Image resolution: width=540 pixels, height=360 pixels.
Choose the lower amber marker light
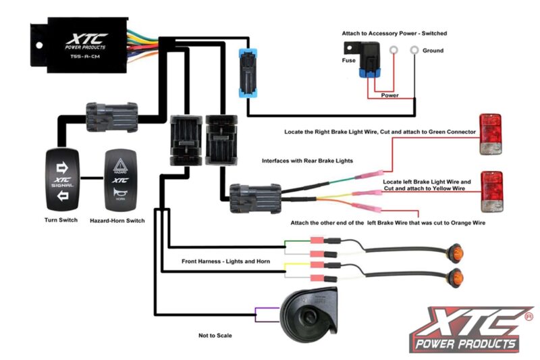[457, 276]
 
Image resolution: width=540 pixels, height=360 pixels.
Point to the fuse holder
[365, 61]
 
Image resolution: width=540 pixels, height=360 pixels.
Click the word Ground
[433, 51]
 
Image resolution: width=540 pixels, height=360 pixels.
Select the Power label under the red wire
[389, 95]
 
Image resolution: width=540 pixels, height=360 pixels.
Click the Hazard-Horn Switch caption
[117, 221]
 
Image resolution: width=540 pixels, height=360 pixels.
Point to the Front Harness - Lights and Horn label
[225, 261]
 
